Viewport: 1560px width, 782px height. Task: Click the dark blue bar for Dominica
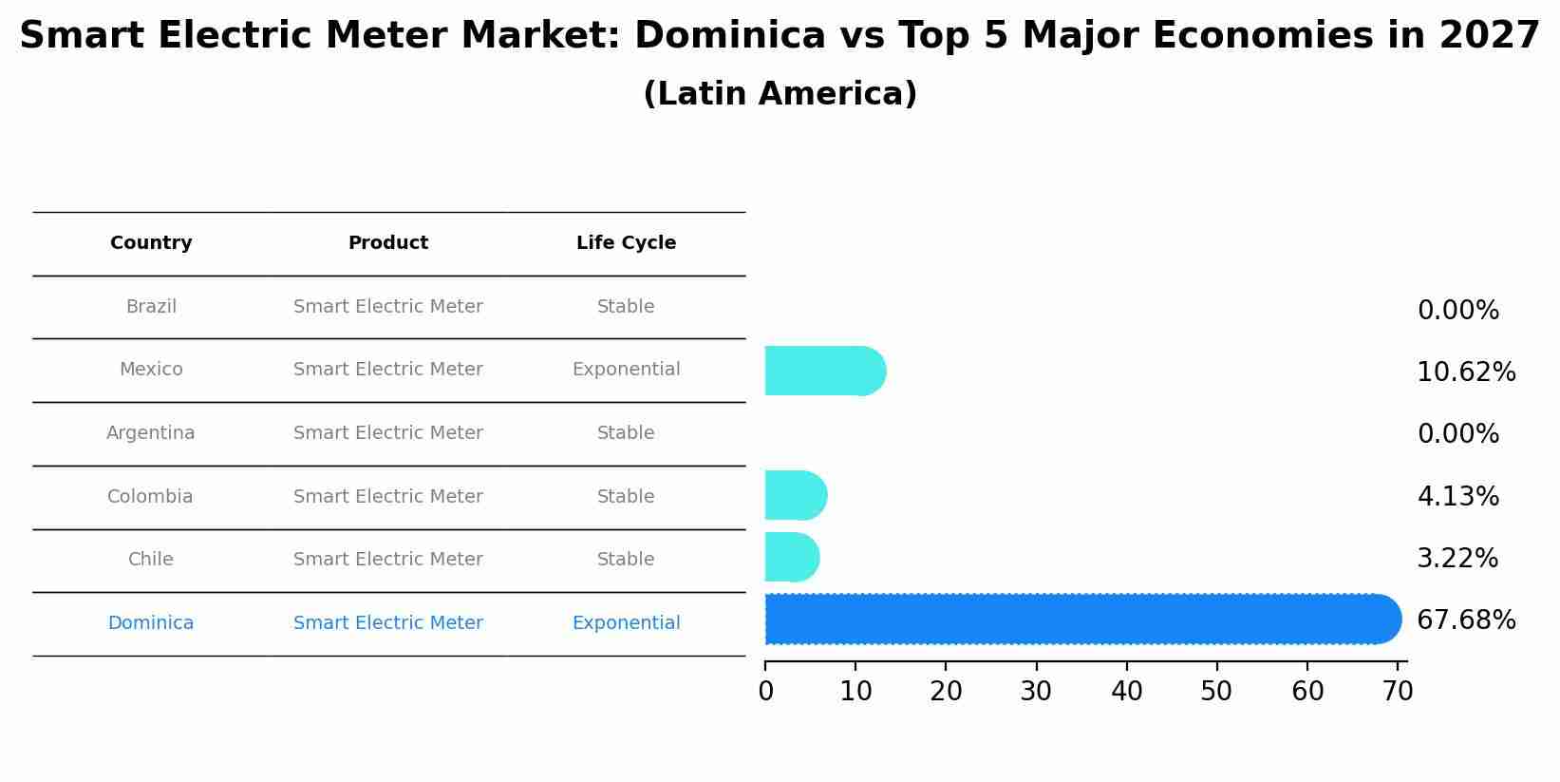point(1082,620)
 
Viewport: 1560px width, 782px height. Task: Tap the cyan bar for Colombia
point(796,495)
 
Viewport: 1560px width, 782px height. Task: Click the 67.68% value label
point(1465,620)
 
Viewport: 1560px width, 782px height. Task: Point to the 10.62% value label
point(1465,372)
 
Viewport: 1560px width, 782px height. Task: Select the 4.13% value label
point(1457,496)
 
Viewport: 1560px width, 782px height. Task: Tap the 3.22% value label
point(1457,558)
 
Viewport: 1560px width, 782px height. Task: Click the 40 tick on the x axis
point(1127,692)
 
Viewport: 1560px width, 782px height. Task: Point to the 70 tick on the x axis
point(1398,692)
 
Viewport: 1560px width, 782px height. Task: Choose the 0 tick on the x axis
point(765,692)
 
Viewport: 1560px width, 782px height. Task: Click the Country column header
point(151,243)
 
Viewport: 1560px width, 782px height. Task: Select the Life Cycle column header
point(626,243)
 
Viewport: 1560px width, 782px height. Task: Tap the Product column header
point(387,243)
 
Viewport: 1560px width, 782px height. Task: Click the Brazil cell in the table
point(151,307)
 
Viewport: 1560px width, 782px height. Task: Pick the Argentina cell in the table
point(150,433)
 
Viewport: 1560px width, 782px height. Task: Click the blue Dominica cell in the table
point(150,623)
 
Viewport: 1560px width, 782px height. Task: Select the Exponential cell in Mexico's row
point(626,370)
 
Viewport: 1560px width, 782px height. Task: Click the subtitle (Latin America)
point(780,94)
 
